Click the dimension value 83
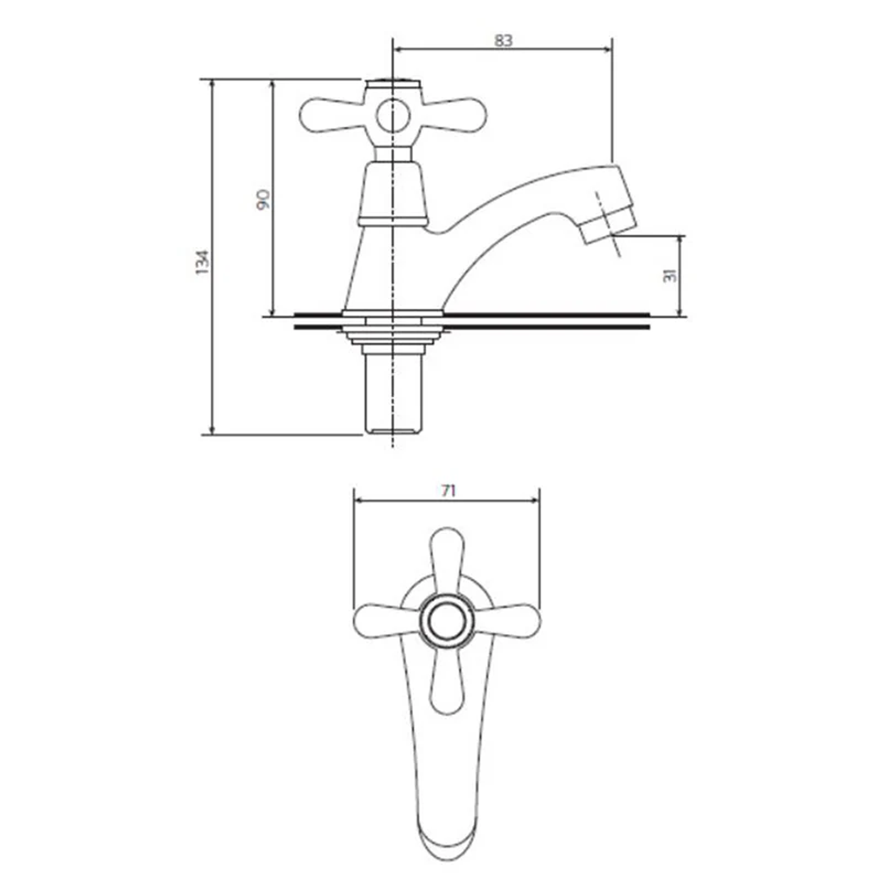(x=503, y=41)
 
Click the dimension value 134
(x=202, y=262)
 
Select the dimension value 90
(x=263, y=199)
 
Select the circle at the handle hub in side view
(x=393, y=115)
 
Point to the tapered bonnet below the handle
(x=393, y=191)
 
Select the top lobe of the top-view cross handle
(x=447, y=557)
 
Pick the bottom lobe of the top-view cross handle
(x=447, y=685)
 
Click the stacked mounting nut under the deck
(x=393, y=334)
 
